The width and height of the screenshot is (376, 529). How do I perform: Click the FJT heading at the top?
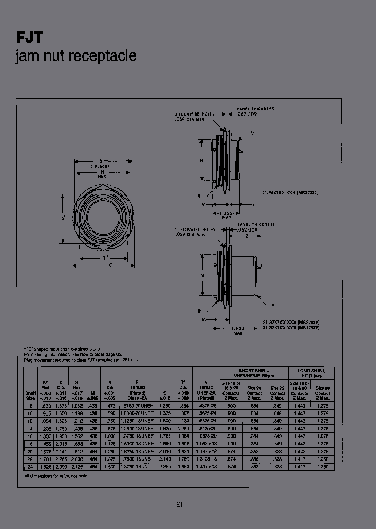[x=29, y=37]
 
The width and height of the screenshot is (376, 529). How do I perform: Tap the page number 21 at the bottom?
[x=179, y=504]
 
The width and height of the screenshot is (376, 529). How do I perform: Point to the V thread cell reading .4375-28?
[x=206, y=406]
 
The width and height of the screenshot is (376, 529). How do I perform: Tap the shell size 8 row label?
[x=30, y=406]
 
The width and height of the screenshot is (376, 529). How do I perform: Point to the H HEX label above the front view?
[x=102, y=174]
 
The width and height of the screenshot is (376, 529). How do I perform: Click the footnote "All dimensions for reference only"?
[x=55, y=476]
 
